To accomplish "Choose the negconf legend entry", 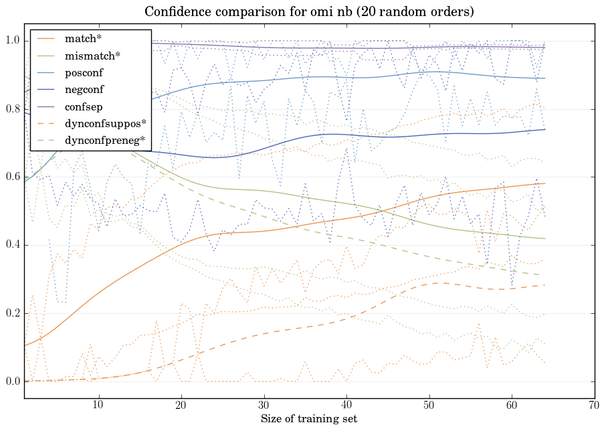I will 85,89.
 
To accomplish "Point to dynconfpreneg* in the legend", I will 104,140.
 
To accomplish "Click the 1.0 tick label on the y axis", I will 12,41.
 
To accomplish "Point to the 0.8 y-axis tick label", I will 12,109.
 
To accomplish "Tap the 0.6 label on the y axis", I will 12,177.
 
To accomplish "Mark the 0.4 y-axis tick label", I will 12,246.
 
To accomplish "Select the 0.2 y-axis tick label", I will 12,314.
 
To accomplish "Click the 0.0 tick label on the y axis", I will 12,381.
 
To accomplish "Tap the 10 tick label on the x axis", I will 98,405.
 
